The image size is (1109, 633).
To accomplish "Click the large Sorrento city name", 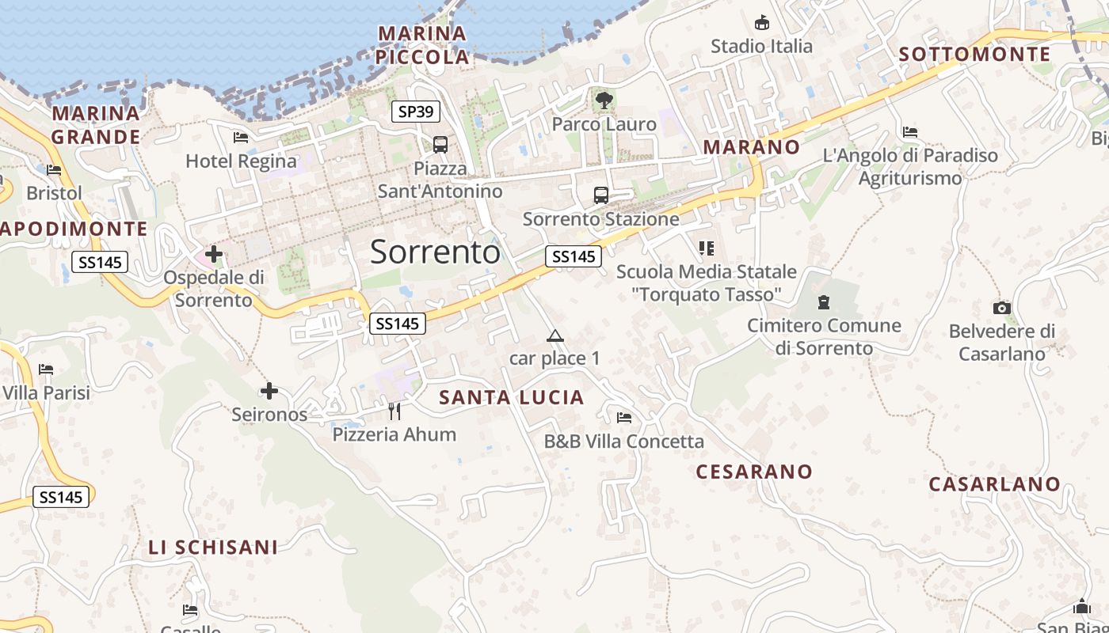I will pos(435,252).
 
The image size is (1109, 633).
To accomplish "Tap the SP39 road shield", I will pos(416,112).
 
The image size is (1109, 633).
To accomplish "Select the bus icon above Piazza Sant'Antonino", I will pos(440,145).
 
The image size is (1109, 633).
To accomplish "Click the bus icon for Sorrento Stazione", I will pos(601,195).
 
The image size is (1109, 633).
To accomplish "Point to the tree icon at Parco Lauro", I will pos(604,100).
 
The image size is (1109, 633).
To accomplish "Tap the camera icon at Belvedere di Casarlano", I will pos(1002,308).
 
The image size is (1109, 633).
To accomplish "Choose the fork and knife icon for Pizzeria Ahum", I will pos(394,411).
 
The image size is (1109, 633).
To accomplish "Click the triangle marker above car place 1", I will pos(554,335).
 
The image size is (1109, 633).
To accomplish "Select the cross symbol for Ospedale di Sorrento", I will pos(214,255).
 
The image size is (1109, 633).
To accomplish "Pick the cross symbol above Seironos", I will pos(269,391).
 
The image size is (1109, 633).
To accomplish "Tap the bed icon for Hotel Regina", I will pos(241,138).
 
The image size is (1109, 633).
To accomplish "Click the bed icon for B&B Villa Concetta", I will pos(624,417).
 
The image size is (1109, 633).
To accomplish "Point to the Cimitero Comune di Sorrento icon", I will pos(824,301).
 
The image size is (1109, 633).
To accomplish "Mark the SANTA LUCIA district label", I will pos(512,398).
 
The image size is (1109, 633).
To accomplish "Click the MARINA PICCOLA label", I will pos(422,45).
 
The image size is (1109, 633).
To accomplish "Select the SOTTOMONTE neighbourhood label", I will pos(975,55).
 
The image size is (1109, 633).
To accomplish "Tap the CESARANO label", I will pos(754,472).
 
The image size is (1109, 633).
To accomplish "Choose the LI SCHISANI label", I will pos(213,547).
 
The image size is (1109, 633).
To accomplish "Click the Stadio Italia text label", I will pos(761,46).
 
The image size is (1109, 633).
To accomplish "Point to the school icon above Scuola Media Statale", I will pos(707,248).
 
